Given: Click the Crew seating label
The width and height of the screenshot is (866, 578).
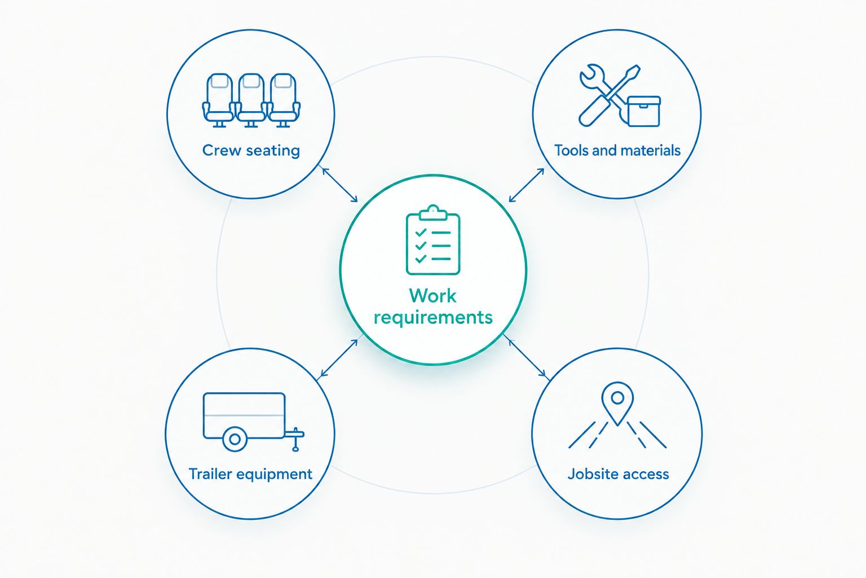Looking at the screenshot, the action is coord(251,151).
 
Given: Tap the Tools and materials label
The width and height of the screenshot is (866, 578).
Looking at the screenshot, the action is coord(617,151).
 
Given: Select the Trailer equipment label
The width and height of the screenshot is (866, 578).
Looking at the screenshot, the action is coord(250,474).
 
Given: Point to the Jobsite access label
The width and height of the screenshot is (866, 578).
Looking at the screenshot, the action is coord(618,474).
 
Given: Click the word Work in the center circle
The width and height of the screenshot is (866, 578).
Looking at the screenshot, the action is coord(432,296).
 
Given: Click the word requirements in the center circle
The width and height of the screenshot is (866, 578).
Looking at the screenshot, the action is coord(433,318).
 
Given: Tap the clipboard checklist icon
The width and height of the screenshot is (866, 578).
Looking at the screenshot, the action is coord(433,240).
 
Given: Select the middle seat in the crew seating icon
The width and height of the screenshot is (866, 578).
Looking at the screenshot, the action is coord(251,100).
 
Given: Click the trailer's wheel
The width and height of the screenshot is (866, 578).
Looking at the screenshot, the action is coord(235,439).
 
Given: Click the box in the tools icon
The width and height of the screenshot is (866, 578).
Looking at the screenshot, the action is coord(644,112).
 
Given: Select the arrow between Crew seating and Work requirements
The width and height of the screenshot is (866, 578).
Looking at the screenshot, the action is coord(340,185).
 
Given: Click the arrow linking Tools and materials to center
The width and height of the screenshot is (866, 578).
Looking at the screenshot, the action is coord(527,185).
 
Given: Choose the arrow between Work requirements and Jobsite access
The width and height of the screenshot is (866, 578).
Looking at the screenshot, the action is coord(527,358).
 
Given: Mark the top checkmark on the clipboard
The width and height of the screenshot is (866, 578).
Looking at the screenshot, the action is coord(421,233).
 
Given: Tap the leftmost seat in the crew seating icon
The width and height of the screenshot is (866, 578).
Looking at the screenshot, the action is coord(219,100).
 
